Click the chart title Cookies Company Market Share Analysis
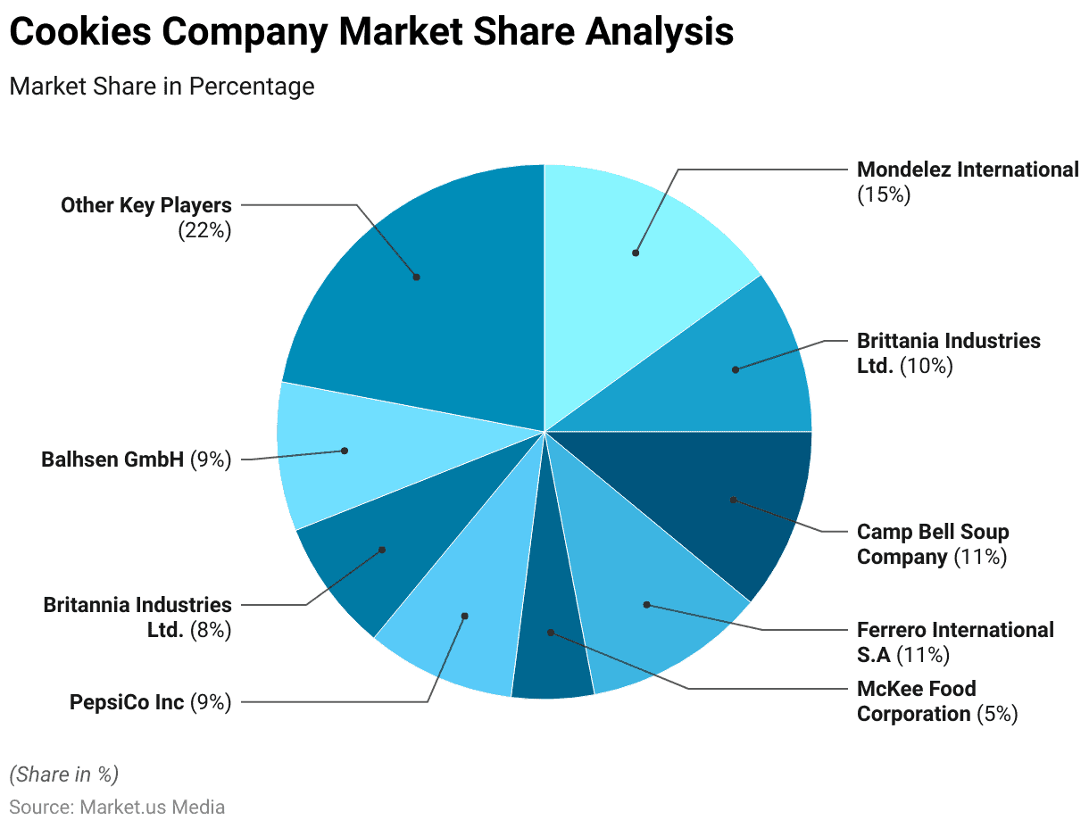click(x=370, y=33)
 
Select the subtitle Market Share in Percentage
click(x=162, y=87)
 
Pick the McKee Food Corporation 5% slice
click(x=551, y=651)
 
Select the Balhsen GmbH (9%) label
click(x=137, y=460)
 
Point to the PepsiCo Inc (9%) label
click(x=150, y=702)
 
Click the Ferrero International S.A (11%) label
click(x=955, y=642)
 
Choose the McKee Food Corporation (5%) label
click(x=936, y=700)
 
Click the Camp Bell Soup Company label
click(x=933, y=543)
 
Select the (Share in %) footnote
click(x=63, y=773)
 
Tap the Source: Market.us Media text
click(x=117, y=807)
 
